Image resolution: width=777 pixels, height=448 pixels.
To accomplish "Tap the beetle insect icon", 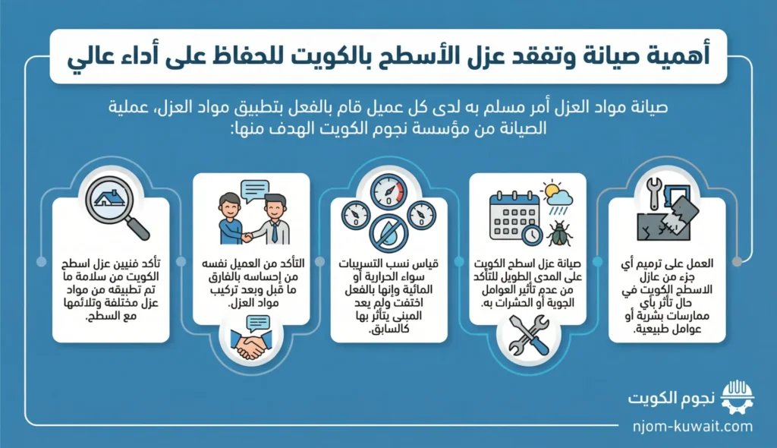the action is pyautogui.click(x=560, y=233).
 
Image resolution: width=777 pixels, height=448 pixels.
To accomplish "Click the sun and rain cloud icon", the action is pyautogui.click(x=558, y=198).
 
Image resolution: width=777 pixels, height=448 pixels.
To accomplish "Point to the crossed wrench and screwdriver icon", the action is pyautogui.click(x=528, y=335).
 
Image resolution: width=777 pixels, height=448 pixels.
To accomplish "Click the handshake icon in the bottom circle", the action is pyautogui.click(x=250, y=339).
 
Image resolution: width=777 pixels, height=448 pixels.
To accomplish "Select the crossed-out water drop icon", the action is pyautogui.click(x=388, y=234).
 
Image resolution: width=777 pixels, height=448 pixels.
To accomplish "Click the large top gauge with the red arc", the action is pyautogui.click(x=388, y=191).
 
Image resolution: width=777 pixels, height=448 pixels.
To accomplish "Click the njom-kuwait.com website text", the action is pyautogui.click(x=693, y=426).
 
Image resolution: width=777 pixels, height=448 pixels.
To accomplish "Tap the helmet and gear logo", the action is pyautogui.click(x=738, y=397).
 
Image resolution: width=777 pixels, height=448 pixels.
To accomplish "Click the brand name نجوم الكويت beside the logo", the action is pyautogui.click(x=672, y=399).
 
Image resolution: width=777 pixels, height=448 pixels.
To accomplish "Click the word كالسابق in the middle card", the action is pyautogui.click(x=388, y=329).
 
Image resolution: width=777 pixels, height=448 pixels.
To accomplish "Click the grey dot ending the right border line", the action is pyautogui.click(x=738, y=261).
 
